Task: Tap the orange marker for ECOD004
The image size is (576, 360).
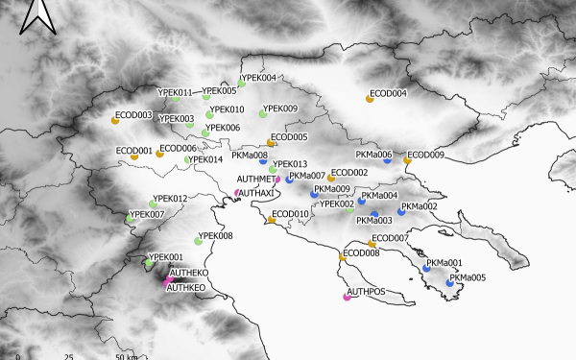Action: pos(370,99)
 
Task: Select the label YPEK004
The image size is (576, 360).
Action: pos(258,78)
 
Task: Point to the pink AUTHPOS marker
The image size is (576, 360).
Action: pos(347,297)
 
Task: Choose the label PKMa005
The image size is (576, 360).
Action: pos(468,277)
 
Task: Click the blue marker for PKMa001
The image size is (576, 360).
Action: pos(426,269)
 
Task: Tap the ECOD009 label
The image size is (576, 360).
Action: pos(426,155)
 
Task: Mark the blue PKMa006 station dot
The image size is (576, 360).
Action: pos(387,160)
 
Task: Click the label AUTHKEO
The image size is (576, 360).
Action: pos(186,287)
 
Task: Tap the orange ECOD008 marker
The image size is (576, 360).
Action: pos(343,258)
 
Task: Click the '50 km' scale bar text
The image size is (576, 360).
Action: pos(126,356)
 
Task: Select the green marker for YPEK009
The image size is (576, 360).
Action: pos(261,114)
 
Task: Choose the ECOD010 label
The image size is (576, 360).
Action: pos(291,214)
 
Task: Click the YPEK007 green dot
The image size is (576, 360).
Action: pos(130,220)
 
